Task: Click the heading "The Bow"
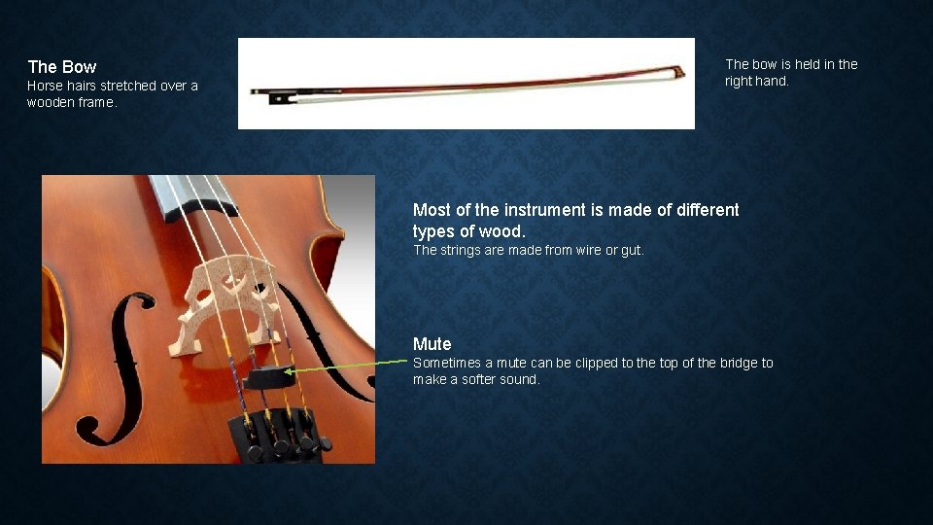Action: tap(62, 67)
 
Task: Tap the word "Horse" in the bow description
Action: tap(45, 86)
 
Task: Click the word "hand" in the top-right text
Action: tap(774, 82)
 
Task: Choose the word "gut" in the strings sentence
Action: tap(631, 250)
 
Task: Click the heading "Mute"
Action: tap(432, 344)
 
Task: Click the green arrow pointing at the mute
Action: tap(350, 366)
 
